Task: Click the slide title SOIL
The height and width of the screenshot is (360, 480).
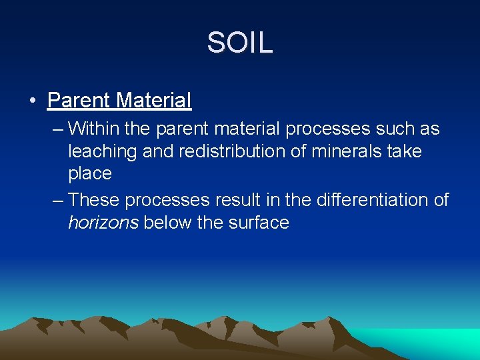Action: tap(239, 43)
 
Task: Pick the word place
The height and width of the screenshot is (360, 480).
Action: tap(89, 174)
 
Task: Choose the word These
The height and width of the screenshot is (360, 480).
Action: tap(94, 199)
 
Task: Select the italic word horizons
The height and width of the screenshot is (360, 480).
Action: tap(103, 223)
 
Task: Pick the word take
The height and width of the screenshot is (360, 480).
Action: tap(404, 151)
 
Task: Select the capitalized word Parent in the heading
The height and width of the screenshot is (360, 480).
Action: tap(79, 101)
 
